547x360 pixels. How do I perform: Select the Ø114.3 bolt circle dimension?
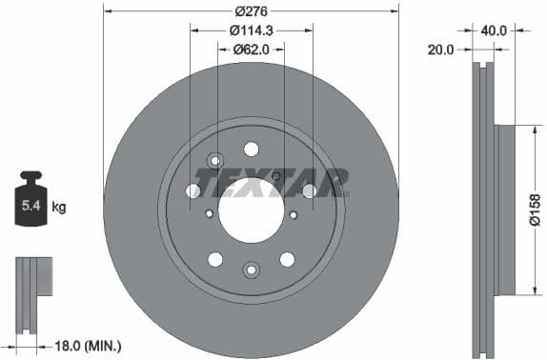pyautogui.click(x=251, y=30)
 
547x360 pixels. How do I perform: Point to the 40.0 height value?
pyautogui.click(x=494, y=30)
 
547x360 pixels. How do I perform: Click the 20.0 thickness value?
pyautogui.click(x=440, y=50)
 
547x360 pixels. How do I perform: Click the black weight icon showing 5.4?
pyautogui.click(x=31, y=200)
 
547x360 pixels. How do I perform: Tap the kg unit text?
pyautogui.click(x=59, y=206)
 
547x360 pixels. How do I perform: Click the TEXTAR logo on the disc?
pyautogui.click(x=271, y=182)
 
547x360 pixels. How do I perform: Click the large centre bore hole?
pyautogui.click(x=251, y=209)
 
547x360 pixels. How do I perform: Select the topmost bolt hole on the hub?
pyautogui.click(x=251, y=149)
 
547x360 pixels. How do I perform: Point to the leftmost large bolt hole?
pyautogui.click(x=193, y=191)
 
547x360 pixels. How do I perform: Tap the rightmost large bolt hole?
pyautogui.click(x=309, y=191)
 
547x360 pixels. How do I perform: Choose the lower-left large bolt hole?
pyautogui.click(x=215, y=259)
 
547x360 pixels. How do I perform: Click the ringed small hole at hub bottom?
pyautogui.click(x=251, y=270)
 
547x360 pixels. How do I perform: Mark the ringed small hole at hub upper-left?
pyautogui.click(x=213, y=160)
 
